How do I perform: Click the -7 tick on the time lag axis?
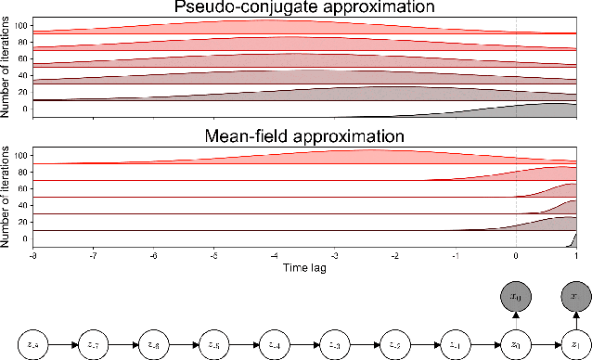pyautogui.click(x=93, y=254)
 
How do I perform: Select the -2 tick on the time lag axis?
pyautogui.click(x=394, y=254)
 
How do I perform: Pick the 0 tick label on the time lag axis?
pyautogui.click(x=516, y=254)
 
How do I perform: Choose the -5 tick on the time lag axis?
pyautogui.click(x=213, y=254)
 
